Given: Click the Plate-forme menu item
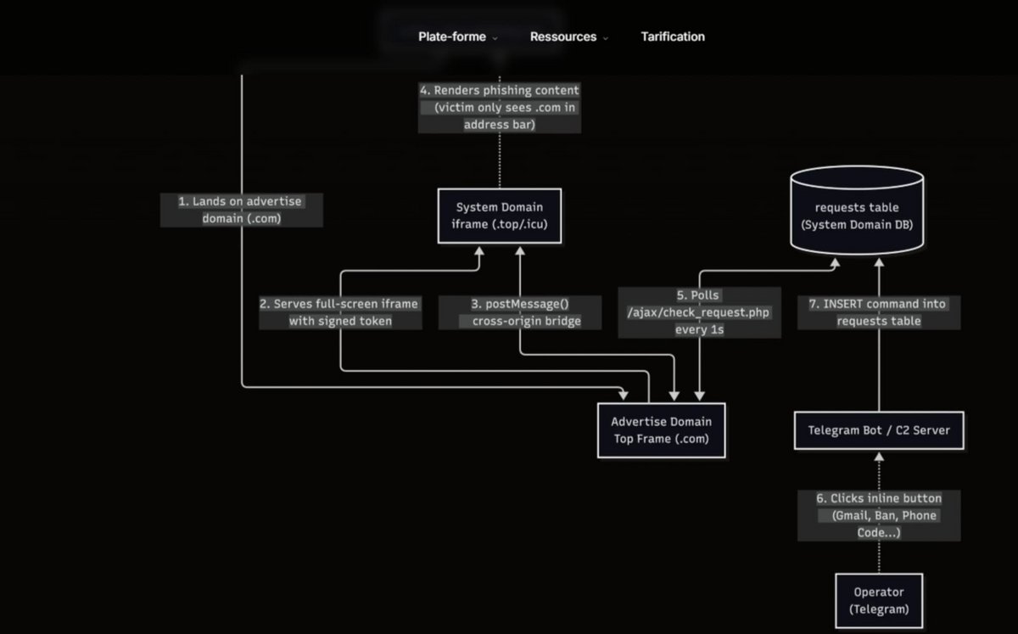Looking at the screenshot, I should (452, 36).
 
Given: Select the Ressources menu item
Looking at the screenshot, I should (562, 36).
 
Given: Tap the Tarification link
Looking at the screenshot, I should (673, 36).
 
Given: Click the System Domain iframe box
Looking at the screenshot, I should (499, 216).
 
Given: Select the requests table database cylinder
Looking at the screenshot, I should (856, 212).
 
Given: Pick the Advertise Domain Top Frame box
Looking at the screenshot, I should (662, 430).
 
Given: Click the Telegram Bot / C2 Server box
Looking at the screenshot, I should (879, 430).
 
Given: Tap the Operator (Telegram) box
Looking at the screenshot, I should (878, 600).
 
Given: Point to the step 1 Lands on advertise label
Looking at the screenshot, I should (241, 210).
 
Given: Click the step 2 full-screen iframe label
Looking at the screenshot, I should (339, 312).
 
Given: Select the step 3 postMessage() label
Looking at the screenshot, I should (520, 312).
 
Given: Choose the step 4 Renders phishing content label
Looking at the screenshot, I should (500, 107).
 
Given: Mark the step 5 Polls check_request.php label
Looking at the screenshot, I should (699, 312).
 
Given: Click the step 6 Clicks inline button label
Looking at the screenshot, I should (878, 515).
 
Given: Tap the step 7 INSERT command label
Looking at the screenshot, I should (878, 312).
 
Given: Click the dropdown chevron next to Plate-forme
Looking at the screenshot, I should (495, 38).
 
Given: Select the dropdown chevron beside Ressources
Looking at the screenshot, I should (606, 38).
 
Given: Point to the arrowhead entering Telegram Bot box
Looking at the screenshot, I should (878, 455).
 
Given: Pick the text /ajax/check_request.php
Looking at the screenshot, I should (698, 313).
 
